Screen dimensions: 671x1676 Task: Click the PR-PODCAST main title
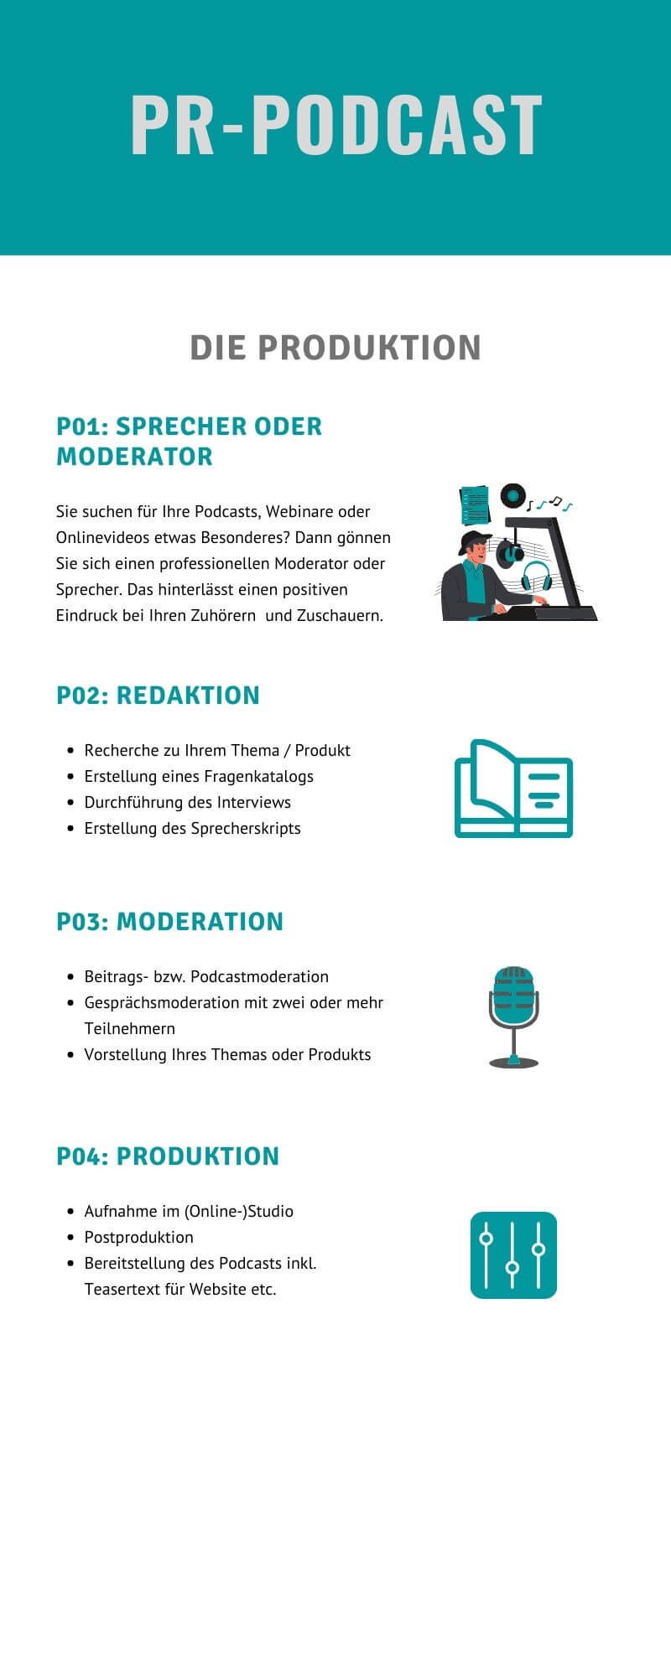point(336,125)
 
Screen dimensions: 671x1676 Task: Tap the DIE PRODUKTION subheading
point(335,347)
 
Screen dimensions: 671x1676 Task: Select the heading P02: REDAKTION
point(159,695)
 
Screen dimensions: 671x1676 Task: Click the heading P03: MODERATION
point(170,921)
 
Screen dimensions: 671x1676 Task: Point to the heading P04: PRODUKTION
point(168,1156)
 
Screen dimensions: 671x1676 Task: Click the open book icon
point(513,789)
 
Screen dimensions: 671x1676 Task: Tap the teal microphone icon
point(513,1016)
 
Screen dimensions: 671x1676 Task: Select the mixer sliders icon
point(513,1254)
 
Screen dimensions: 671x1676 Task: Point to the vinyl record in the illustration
point(512,495)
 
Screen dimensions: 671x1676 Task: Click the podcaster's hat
point(474,541)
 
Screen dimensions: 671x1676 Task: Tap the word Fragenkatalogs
point(259,776)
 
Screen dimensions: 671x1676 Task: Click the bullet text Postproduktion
point(139,1237)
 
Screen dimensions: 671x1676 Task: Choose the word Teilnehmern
point(130,1028)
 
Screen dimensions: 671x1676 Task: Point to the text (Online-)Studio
point(239,1211)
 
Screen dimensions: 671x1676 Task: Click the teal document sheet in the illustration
point(475,505)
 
